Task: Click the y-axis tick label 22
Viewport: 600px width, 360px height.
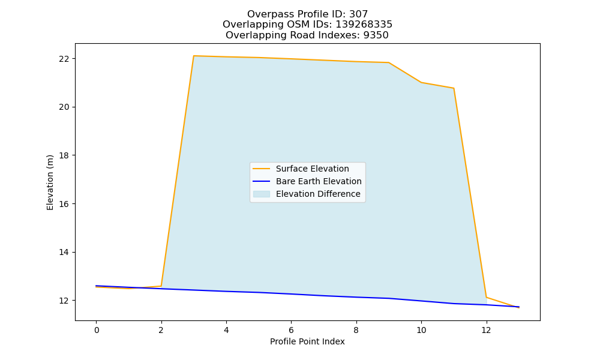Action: pos(64,59)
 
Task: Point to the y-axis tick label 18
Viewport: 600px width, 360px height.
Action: pos(64,156)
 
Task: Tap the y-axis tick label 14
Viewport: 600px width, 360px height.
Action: pos(64,253)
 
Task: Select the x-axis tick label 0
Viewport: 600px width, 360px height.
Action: pos(97,330)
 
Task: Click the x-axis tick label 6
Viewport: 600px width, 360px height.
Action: pos(291,330)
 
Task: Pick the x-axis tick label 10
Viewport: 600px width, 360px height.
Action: pos(421,330)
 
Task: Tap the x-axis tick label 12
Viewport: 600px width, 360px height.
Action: pos(487,330)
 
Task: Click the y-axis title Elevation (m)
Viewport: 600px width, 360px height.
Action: pos(50,182)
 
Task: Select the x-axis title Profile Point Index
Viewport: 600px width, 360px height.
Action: pos(307,341)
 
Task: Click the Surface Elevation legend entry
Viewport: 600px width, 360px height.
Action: pos(312,169)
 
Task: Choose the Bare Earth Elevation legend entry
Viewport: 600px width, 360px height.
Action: pos(319,181)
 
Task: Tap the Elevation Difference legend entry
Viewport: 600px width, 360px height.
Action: pos(318,194)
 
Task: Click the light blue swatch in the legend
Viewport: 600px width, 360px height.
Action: pos(262,194)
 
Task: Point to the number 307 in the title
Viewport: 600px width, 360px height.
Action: pos(359,14)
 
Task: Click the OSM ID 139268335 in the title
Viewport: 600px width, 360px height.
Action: pos(364,25)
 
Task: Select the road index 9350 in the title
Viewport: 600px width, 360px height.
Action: pos(376,35)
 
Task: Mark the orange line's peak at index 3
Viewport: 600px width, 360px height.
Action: pos(194,56)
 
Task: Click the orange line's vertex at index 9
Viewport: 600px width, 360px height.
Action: pos(389,62)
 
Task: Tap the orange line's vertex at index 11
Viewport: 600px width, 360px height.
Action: pos(454,88)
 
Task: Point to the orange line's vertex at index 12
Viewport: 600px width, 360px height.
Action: pos(487,297)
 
